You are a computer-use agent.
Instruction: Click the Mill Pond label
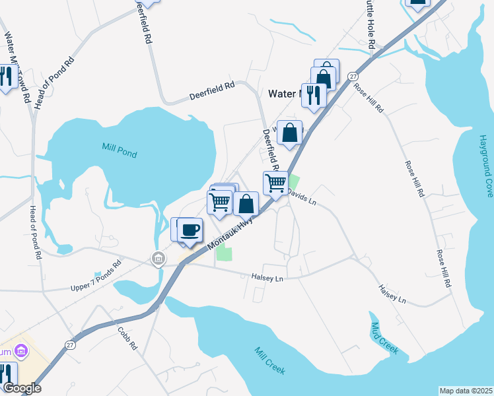tap(120, 149)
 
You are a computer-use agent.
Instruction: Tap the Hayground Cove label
tap(486, 166)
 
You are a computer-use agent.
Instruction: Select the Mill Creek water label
tap(269, 359)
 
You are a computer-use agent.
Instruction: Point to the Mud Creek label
tap(384, 339)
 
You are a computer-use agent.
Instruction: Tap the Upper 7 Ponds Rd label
tap(97, 277)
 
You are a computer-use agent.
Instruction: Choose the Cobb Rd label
tap(127, 338)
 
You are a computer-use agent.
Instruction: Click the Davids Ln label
tap(302, 197)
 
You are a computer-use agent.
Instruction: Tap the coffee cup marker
tap(190, 230)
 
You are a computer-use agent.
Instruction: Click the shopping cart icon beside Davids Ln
tap(275, 181)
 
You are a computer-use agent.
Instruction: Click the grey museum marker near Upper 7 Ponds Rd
tap(159, 257)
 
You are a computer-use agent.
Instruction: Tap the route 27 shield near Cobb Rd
tap(71, 345)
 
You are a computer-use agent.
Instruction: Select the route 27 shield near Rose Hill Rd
tap(353, 77)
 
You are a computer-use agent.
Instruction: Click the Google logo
tap(22, 388)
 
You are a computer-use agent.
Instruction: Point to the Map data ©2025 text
tap(466, 391)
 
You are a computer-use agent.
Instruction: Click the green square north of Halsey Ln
tap(225, 253)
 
